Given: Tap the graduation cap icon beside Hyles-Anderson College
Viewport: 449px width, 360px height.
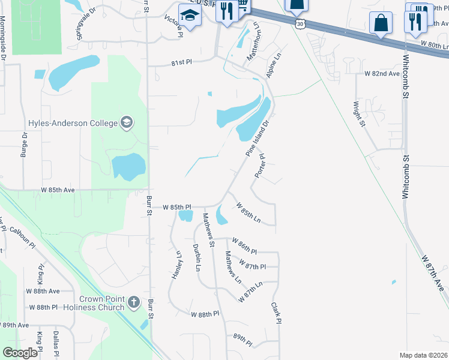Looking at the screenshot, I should tap(126, 124).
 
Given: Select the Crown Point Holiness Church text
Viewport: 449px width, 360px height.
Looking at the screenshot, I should tap(103, 303).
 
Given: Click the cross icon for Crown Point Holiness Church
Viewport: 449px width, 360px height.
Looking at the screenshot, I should tap(134, 303).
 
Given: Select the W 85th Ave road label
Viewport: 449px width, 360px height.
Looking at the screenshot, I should tap(58, 190).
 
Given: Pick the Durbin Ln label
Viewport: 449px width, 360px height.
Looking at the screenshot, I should tap(196, 257).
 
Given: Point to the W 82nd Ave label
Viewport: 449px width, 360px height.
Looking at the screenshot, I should tap(382, 74).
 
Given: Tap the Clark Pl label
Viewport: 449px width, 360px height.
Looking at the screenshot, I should tap(276, 313).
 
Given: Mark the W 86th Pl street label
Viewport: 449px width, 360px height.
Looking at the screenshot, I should tap(244, 248).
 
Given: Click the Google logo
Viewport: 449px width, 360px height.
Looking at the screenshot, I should tap(20, 353).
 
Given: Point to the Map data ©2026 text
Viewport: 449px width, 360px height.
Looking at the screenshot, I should tap(424, 355).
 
